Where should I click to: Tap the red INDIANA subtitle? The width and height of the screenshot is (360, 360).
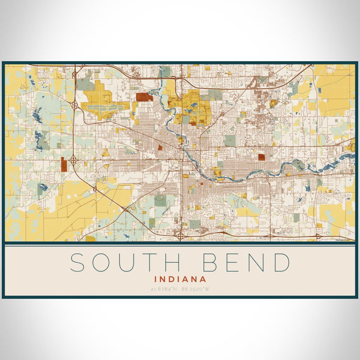180,279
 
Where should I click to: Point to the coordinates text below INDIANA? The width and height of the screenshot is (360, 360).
180,289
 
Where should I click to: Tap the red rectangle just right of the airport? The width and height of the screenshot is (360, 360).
144,97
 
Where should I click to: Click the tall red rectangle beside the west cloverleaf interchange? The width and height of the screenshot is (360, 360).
63,164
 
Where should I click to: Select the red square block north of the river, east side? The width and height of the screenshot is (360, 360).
262,157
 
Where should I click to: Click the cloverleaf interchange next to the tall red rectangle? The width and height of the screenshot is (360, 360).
73,160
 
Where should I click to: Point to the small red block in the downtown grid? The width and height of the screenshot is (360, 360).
160,146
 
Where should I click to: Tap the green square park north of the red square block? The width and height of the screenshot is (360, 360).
230,140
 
